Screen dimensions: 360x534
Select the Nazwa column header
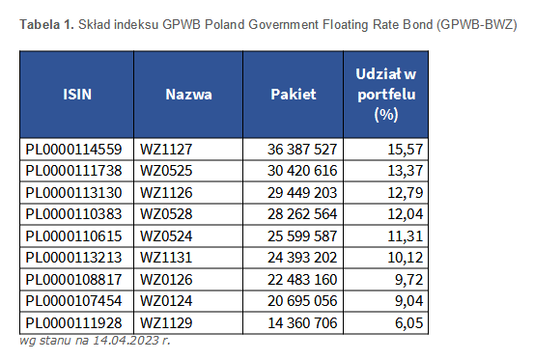click(188, 96)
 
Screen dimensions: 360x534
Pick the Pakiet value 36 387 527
click(299, 149)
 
